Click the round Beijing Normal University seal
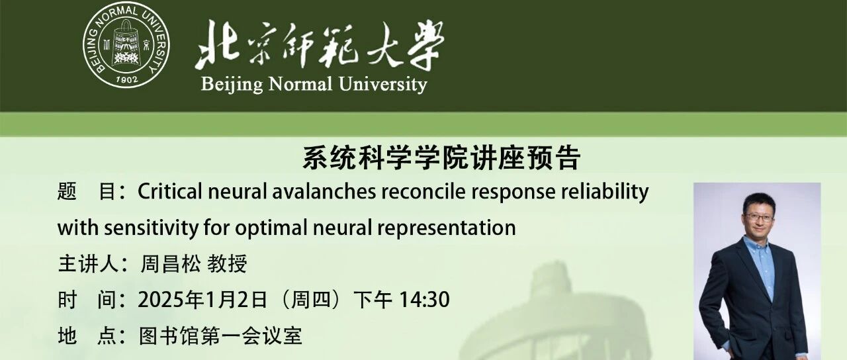coord(126,45)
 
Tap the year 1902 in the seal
coord(126,79)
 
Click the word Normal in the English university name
coord(300,84)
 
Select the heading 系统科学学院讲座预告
coord(441,159)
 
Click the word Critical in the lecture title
coord(170,191)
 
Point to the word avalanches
coord(324,191)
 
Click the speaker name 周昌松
coord(170,264)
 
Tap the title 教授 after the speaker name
coord(227,264)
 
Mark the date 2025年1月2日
coord(202,300)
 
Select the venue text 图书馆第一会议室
coord(220,336)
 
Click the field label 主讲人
coord(89,264)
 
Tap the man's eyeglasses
coord(759,217)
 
